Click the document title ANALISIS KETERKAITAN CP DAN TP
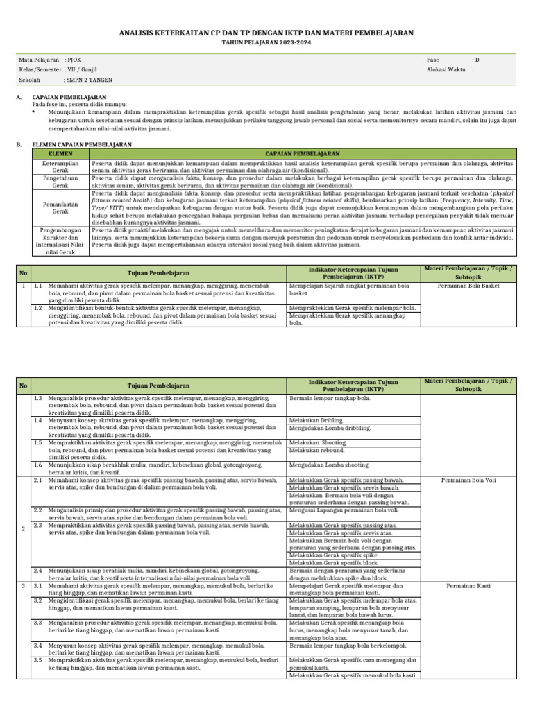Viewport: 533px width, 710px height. [266, 33]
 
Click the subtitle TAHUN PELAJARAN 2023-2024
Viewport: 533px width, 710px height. [266, 42]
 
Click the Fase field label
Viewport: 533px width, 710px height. [433, 60]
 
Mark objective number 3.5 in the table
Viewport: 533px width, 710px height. [38, 660]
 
